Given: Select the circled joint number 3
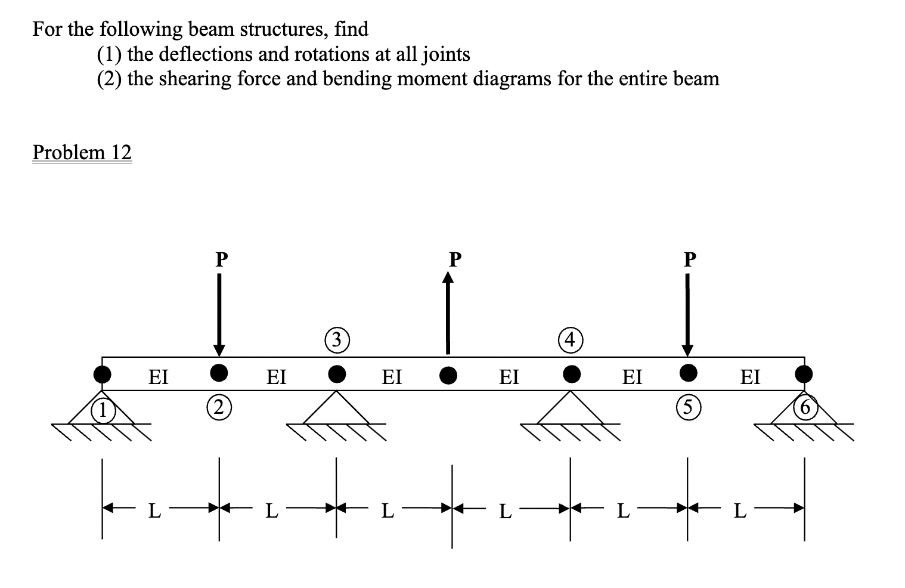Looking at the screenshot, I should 336,340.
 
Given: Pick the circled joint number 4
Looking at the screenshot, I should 571,340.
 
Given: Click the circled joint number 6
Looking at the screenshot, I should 804,408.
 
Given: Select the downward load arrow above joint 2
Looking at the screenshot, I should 219,313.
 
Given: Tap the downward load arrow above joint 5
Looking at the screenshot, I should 687,313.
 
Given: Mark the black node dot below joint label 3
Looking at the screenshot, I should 337,373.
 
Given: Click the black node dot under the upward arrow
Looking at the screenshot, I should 448,375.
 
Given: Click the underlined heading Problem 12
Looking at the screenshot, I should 82,153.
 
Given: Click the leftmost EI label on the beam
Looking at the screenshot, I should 158,376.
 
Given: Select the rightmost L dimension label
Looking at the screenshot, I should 739,511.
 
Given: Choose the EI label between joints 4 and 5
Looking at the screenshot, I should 632,376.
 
